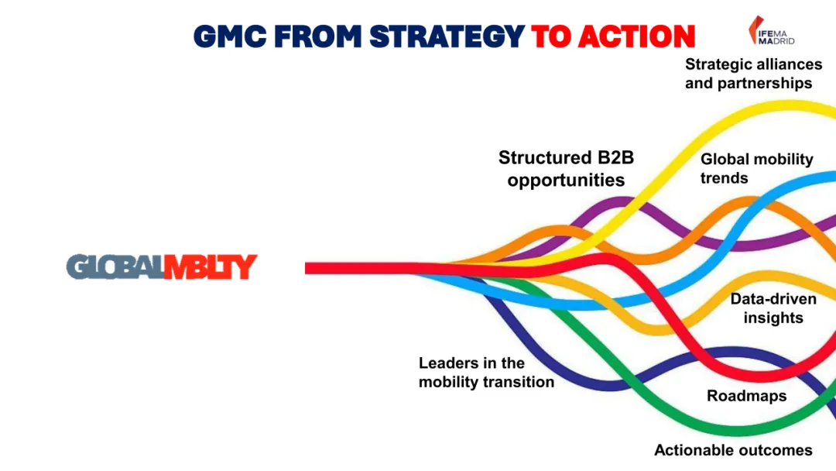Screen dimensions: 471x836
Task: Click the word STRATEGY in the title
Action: point(447,36)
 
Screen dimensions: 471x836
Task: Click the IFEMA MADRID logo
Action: point(771,31)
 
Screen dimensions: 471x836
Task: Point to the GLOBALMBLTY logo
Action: point(161,267)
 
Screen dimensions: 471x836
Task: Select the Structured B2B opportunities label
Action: point(566,169)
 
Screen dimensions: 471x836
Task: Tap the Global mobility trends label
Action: point(756,168)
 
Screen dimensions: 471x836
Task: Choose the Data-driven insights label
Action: point(773,308)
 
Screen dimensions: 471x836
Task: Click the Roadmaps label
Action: point(746,396)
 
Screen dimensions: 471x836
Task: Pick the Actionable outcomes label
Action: point(733,450)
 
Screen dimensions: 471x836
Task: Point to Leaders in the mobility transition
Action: point(486,373)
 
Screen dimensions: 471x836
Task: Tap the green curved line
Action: point(697,427)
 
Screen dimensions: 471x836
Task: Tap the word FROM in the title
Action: point(320,36)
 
